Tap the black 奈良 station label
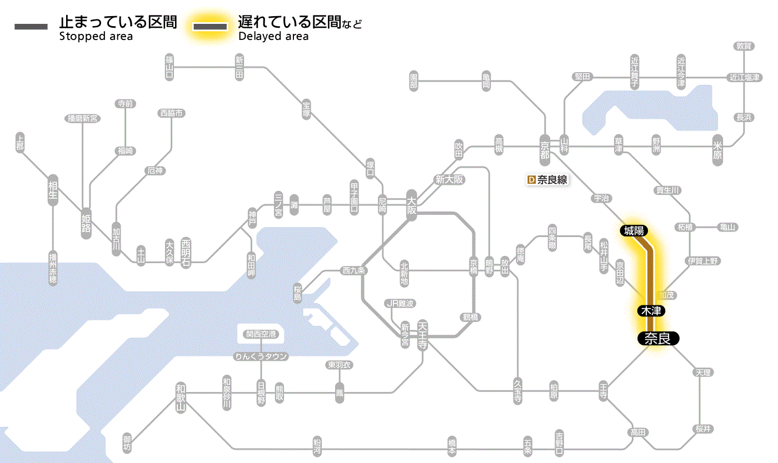[x=658, y=338]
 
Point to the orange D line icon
[x=531, y=180]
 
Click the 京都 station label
[x=545, y=147]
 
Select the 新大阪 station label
[x=449, y=180]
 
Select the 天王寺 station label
[x=422, y=334]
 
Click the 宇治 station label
[x=602, y=198]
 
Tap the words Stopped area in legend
[x=96, y=37]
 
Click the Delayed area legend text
[x=273, y=37]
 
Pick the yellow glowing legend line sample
[x=210, y=26]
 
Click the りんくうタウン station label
[x=261, y=356]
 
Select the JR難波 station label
[x=400, y=303]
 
